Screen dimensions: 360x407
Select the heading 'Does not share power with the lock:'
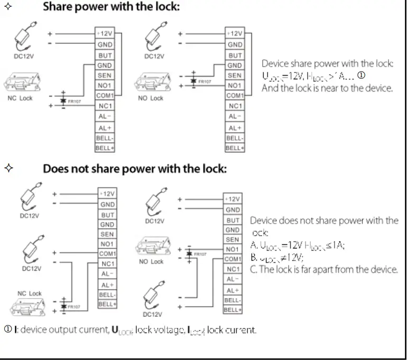click(134, 169)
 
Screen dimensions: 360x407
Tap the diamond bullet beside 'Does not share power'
click(8, 169)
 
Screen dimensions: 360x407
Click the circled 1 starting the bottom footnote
click(7, 330)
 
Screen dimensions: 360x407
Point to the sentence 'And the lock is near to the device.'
click(327, 88)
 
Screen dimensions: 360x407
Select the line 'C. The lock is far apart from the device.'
click(323, 270)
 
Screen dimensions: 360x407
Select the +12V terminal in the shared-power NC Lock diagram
click(104, 34)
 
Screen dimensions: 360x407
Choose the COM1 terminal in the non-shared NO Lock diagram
click(233, 259)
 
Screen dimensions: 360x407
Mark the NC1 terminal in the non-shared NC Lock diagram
click(107, 264)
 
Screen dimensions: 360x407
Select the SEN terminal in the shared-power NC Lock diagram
click(104, 76)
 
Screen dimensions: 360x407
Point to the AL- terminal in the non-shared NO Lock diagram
click(233, 279)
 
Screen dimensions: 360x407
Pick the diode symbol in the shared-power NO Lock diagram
click(193, 81)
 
